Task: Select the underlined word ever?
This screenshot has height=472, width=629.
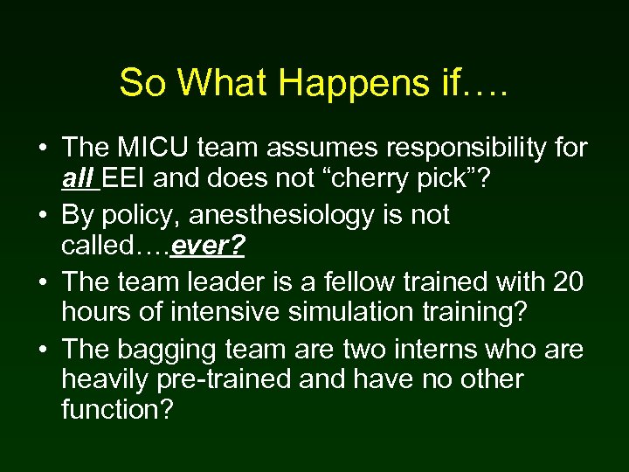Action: [x=209, y=248]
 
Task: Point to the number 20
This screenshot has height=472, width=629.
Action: [x=569, y=281]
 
